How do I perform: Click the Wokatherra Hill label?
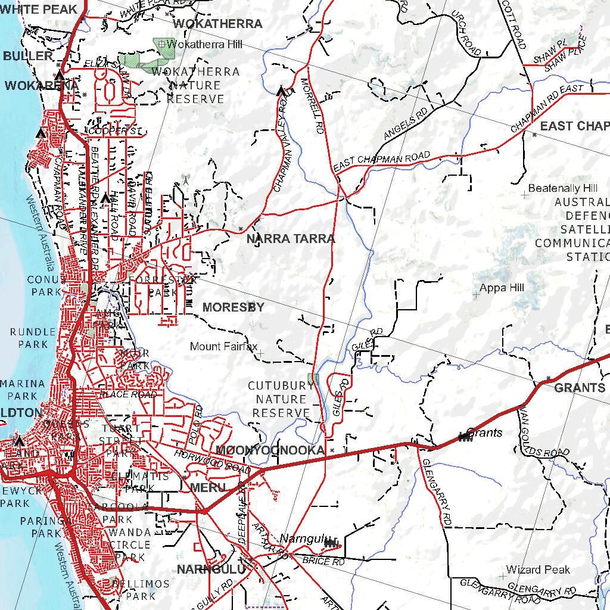coord(197,44)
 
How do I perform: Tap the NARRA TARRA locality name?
coord(291,239)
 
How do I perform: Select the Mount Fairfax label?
coord(223,346)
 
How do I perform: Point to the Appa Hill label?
coord(502,288)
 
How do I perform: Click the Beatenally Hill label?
coord(563,188)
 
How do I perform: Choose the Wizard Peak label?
coord(538,569)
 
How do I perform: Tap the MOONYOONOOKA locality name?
coord(270,450)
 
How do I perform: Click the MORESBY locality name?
coord(234,307)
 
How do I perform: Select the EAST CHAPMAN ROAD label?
coord(382,162)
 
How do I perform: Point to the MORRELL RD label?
coord(312,105)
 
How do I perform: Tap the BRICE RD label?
coord(323,561)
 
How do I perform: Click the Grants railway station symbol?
coord(465,438)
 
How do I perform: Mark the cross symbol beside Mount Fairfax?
coord(260,354)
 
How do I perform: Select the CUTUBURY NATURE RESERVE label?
coord(281,399)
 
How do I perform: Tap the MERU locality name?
coord(208,488)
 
